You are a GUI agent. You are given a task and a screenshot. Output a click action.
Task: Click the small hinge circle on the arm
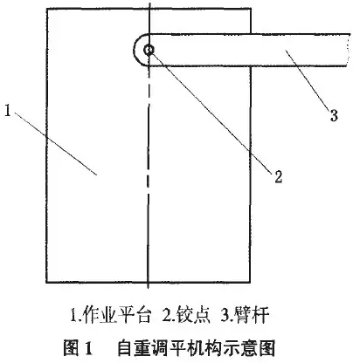pos(149,50)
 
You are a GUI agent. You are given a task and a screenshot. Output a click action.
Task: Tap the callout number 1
pos(8,111)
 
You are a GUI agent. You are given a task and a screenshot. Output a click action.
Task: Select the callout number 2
pos(279,176)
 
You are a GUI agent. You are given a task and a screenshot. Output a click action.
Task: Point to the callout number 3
pos(334,115)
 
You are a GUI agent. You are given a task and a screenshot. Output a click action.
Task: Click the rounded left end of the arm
pos(135,50)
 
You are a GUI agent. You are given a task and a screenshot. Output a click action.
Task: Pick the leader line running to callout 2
pos(211,113)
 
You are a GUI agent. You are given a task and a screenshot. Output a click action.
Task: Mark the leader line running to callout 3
pos(308,80)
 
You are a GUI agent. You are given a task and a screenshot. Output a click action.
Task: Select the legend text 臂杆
pos(252,316)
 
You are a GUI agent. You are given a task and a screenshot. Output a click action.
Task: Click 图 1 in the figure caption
pos(78,347)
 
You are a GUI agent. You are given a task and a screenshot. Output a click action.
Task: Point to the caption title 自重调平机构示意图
pos(197,347)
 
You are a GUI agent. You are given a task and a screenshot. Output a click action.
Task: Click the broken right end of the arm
pos(349,50)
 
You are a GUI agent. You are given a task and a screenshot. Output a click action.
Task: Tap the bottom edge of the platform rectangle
pos(149,282)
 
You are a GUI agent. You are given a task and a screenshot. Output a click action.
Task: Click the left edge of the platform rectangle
pos(46,146)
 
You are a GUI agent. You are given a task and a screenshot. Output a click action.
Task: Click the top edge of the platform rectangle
pos(149,10)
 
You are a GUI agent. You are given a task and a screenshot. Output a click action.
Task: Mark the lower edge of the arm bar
pos(247,65)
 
